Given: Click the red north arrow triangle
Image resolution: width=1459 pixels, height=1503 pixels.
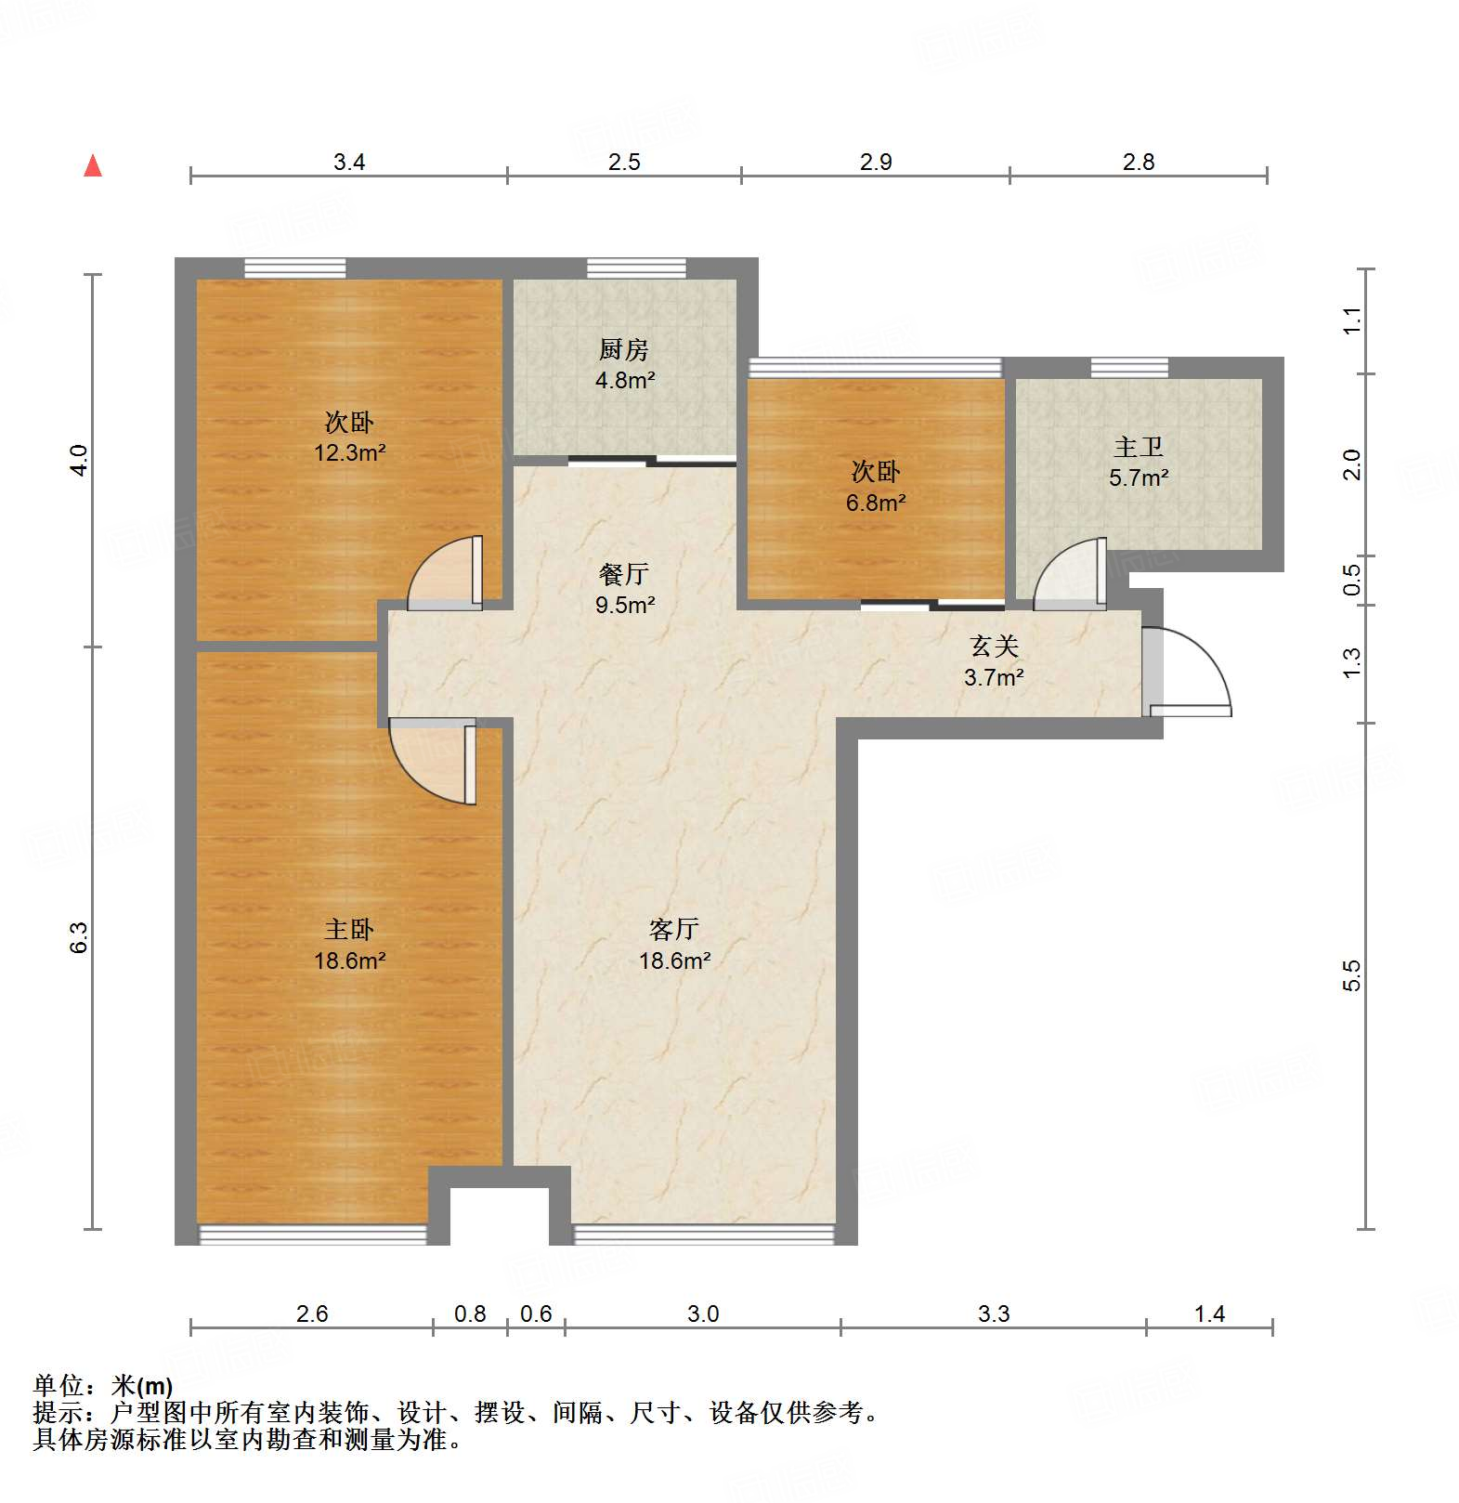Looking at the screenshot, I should click(x=93, y=166).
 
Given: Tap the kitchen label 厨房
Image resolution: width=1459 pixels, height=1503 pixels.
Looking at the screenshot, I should click(x=623, y=349).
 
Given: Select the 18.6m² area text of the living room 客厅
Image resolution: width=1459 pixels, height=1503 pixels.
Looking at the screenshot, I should click(x=674, y=961).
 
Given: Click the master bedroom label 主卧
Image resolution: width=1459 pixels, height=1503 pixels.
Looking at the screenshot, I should click(x=349, y=929).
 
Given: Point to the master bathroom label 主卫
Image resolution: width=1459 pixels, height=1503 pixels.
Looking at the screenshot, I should click(x=1139, y=447).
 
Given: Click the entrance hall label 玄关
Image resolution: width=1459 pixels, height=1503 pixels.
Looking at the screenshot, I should click(x=994, y=646).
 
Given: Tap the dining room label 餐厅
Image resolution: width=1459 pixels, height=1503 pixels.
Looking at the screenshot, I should click(x=623, y=574).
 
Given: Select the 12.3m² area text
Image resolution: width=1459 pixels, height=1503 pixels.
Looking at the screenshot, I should click(x=349, y=453).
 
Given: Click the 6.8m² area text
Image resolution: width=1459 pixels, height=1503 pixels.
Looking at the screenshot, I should click(x=875, y=503).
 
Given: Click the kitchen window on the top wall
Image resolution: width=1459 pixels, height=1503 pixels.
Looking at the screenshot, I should click(x=636, y=268).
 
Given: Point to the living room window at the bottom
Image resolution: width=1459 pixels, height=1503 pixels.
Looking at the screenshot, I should click(x=704, y=1235).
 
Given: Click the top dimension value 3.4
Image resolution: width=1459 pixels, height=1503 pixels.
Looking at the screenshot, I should click(x=349, y=163).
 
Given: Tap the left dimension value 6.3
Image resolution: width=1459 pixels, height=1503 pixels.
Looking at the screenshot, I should click(x=79, y=936).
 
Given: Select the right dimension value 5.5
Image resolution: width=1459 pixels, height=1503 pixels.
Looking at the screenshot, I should click(x=1351, y=975).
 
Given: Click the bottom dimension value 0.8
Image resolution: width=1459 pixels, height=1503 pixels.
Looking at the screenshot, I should click(x=470, y=1313).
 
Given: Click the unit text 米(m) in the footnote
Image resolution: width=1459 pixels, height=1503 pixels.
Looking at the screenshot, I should click(x=142, y=1386).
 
